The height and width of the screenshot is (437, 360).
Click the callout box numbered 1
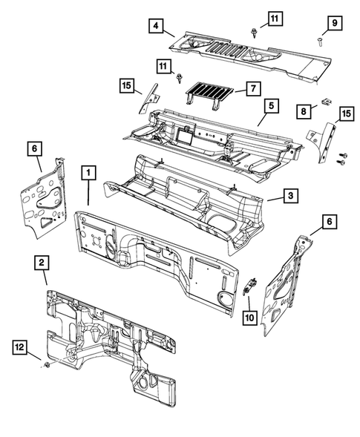click(x=88, y=173)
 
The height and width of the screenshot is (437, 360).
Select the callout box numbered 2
click(x=42, y=263)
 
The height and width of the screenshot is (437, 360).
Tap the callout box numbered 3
click(x=291, y=196)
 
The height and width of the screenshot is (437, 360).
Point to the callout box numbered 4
click(x=156, y=26)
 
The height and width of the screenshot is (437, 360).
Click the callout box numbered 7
click(x=253, y=88)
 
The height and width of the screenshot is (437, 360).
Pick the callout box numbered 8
click(x=304, y=112)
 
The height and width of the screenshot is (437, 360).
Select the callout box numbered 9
click(x=335, y=23)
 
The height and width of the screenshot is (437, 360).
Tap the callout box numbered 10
click(x=250, y=318)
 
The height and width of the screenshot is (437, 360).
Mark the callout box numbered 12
click(x=20, y=347)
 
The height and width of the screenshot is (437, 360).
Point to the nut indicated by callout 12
click(x=47, y=364)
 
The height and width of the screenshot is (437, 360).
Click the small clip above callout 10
click(x=250, y=286)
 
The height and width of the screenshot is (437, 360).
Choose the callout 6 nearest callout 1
click(x=34, y=148)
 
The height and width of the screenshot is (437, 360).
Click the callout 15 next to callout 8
click(x=347, y=114)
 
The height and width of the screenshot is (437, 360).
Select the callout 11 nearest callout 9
click(x=275, y=19)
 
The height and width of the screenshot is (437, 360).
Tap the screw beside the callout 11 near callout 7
click(x=179, y=78)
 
